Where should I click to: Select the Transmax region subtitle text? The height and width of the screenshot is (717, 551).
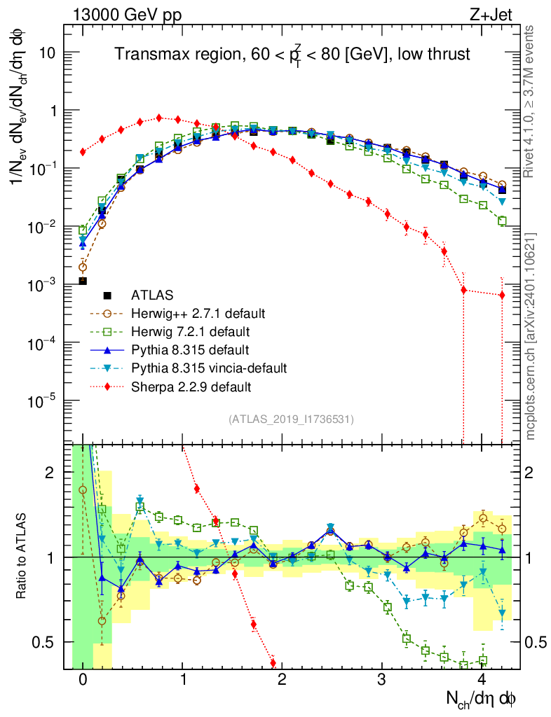pyautogui.click(x=292, y=55)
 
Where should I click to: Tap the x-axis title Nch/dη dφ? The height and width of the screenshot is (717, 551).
pyautogui.click(x=482, y=698)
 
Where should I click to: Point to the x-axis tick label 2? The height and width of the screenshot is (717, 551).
pyautogui.click(x=283, y=680)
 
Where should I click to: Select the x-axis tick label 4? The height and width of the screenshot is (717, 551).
pyautogui.click(x=482, y=680)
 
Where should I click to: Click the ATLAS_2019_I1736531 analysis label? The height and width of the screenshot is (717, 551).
pyautogui.click(x=291, y=419)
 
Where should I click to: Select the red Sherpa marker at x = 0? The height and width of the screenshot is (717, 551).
pyautogui.click(x=83, y=152)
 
